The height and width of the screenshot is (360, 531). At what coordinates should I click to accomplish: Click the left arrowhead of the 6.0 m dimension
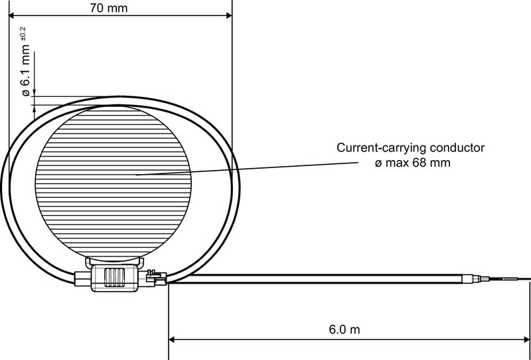172,339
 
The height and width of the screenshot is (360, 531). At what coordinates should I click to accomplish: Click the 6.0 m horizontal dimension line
265,339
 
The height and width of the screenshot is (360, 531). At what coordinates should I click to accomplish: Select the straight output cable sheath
319,277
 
